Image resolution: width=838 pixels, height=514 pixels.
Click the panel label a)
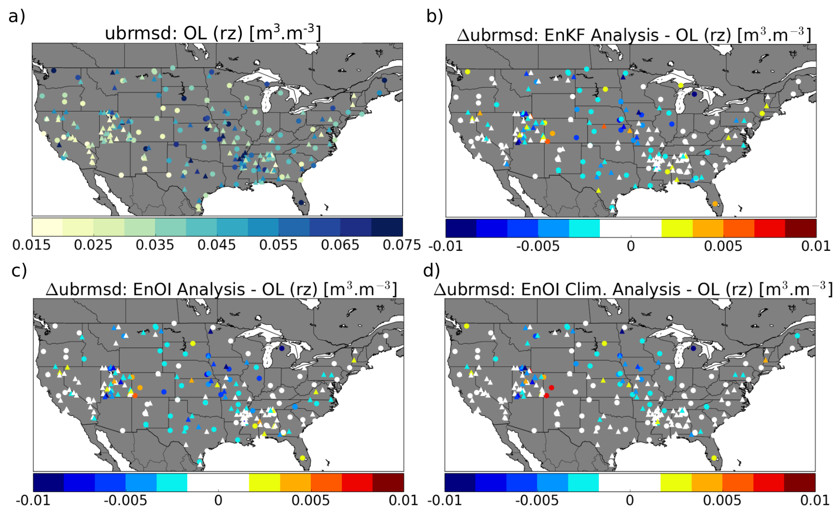(x=16, y=16)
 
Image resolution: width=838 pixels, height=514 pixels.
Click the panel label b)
(x=435, y=16)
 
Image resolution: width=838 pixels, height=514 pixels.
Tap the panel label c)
(x=19, y=271)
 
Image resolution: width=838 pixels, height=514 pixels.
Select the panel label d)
(x=431, y=271)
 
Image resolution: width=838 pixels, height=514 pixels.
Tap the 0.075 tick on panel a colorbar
(x=402, y=245)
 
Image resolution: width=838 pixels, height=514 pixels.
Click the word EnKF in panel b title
(x=565, y=35)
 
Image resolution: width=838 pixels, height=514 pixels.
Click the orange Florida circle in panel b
(x=715, y=204)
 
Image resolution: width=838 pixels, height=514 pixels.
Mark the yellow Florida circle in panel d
(x=714, y=458)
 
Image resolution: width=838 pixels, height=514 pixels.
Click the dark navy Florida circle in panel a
(x=301, y=202)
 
